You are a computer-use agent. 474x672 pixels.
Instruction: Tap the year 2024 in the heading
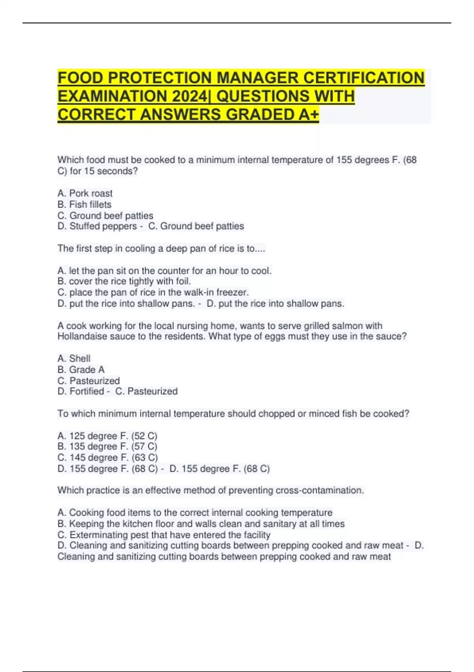pos(189,96)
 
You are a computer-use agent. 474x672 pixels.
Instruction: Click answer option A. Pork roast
pos(85,193)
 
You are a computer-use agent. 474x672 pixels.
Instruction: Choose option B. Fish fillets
pos(85,204)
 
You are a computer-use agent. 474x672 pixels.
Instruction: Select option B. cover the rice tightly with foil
pos(124,281)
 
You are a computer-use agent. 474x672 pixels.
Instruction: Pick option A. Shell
pos(74,359)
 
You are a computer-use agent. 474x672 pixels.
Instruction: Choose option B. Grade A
pos(81,370)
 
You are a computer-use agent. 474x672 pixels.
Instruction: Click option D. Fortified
pos(81,391)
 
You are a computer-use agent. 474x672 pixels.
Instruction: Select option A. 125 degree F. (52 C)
pos(107,436)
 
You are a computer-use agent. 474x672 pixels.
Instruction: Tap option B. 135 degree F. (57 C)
pos(107,447)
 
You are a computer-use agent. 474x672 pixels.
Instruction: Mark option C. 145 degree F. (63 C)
pos(107,458)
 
